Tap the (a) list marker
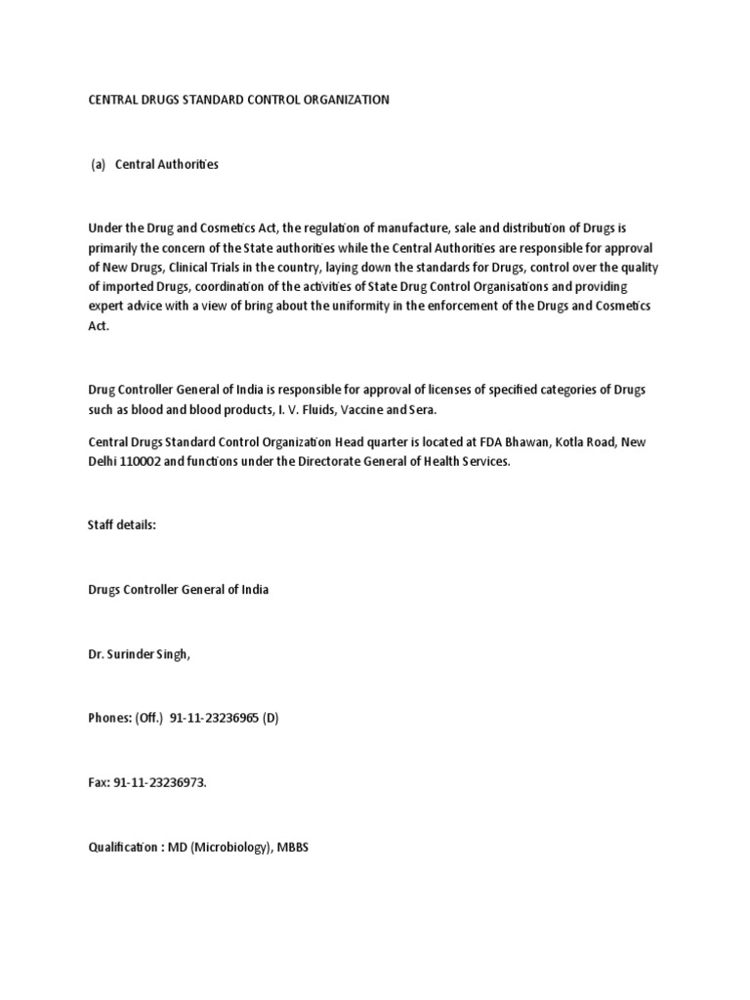[98, 164]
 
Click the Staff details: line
[122, 524]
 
